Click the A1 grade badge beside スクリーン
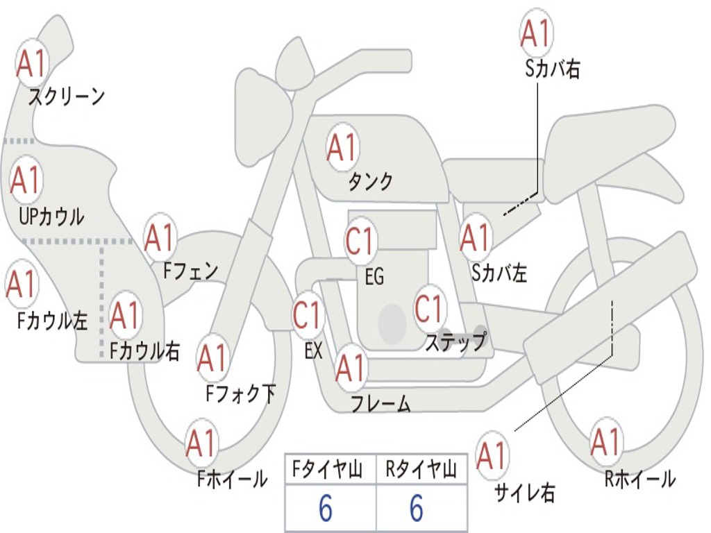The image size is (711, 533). (x=32, y=64)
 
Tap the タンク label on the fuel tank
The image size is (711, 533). (x=370, y=181)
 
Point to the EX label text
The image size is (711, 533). (x=313, y=350)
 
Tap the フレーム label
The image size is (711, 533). (x=381, y=403)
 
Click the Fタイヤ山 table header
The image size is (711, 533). (x=328, y=469)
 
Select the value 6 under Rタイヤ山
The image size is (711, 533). (x=417, y=508)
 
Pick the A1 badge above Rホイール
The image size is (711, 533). (x=605, y=442)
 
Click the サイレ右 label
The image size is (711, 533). (x=525, y=493)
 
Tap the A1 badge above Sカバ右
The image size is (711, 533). (x=537, y=33)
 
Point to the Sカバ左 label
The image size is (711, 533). (x=499, y=273)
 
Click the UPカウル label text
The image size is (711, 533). (x=51, y=217)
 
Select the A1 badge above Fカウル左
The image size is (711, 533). (x=22, y=284)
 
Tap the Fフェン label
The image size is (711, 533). (x=191, y=271)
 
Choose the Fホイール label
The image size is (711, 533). (x=232, y=479)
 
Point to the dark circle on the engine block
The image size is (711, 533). (x=392, y=323)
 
